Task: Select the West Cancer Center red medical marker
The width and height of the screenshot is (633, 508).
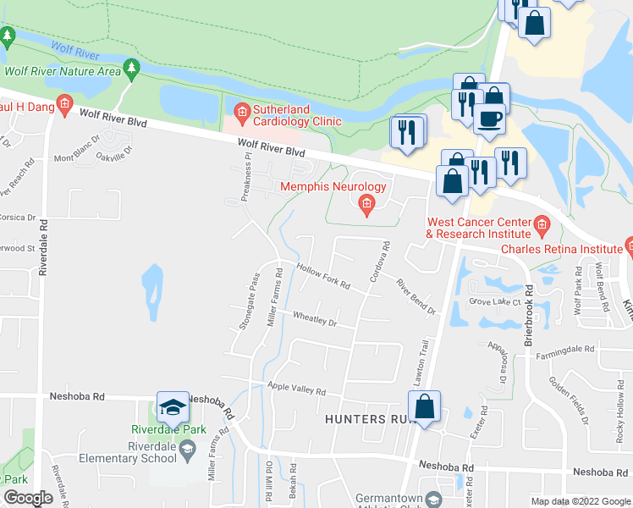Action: tap(542, 226)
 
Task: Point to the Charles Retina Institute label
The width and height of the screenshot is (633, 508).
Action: tap(562, 249)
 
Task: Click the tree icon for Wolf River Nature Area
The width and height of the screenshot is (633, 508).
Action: tap(131, 66)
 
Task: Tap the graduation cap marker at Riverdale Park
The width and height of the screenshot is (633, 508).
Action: tap(173, 409)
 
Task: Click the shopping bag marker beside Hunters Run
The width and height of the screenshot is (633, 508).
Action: tap(425, 407)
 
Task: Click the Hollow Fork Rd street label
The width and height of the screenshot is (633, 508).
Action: tap(323, 275)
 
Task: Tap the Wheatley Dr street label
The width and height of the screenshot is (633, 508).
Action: tap(315, 319)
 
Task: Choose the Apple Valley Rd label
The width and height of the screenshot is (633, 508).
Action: tap(296, 389)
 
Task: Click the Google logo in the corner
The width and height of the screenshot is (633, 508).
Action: tap(28, 498)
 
